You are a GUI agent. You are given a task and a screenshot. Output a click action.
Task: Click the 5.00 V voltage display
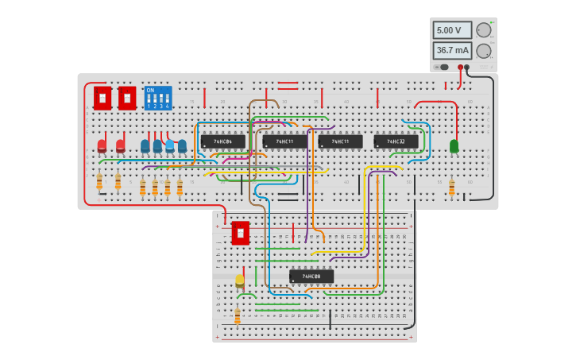click(x=451, y=30)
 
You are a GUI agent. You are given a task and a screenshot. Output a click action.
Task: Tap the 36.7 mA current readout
click(x=451, y=50)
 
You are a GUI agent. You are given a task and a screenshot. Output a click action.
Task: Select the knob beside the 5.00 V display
click(x=483, y=30)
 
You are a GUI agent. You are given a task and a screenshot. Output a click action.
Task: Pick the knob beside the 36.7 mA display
click(x=483, y=51)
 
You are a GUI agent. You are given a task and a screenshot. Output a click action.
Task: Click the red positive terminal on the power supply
click(x=460, y=68)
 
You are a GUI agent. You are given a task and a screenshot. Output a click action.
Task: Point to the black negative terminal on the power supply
click(x=467, y=68)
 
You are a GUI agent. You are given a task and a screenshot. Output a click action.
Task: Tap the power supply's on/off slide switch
click(x=442, y=68)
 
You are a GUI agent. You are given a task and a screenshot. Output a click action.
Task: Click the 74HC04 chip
click(x=222, y=141)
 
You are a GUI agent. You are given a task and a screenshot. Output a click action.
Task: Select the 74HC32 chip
click(x=396, y=141)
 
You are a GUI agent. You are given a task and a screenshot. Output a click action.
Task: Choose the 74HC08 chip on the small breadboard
click(x=311, y=277)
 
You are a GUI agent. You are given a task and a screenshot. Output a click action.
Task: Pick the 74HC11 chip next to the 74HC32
click(x=340, y=141)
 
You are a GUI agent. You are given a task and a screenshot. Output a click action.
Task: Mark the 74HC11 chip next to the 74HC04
click(x=284, y=141)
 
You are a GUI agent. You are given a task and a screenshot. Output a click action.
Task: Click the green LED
click(x=454, y=146)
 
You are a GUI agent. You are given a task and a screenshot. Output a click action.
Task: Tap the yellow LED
click(x=239, y=281)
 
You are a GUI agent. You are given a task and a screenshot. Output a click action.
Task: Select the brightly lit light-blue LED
click(x=169, y=145)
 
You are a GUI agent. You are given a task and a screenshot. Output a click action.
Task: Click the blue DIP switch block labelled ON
click(x=157, y=98)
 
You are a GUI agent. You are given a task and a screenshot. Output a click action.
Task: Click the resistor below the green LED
click(x=451, y=188)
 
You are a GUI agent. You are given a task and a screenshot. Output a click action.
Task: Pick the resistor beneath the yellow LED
click(x=237, y=316)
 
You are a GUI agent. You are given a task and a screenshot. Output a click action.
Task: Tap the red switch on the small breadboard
click(x=240, y=233)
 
